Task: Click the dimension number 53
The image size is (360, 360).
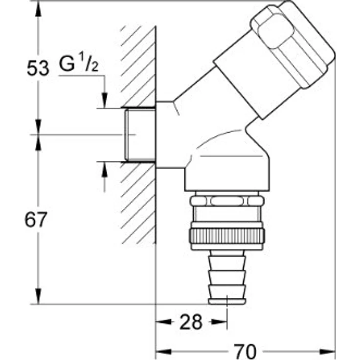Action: tap(38, 68)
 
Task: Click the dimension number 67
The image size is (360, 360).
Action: tap(36, 220)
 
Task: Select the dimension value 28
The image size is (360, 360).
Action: tap(190, 322)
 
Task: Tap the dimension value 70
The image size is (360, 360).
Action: tap(245, 351)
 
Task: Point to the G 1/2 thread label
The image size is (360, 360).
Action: tap(79, 65)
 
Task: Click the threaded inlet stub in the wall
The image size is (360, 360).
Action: tap(140, 135)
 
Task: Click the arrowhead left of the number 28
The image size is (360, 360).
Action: tap(164, 322)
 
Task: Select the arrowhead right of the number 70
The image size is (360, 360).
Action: tap(329, 351)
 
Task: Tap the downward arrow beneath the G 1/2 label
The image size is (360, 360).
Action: tap(104, 99)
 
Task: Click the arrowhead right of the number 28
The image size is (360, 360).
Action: tap(219, 322)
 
